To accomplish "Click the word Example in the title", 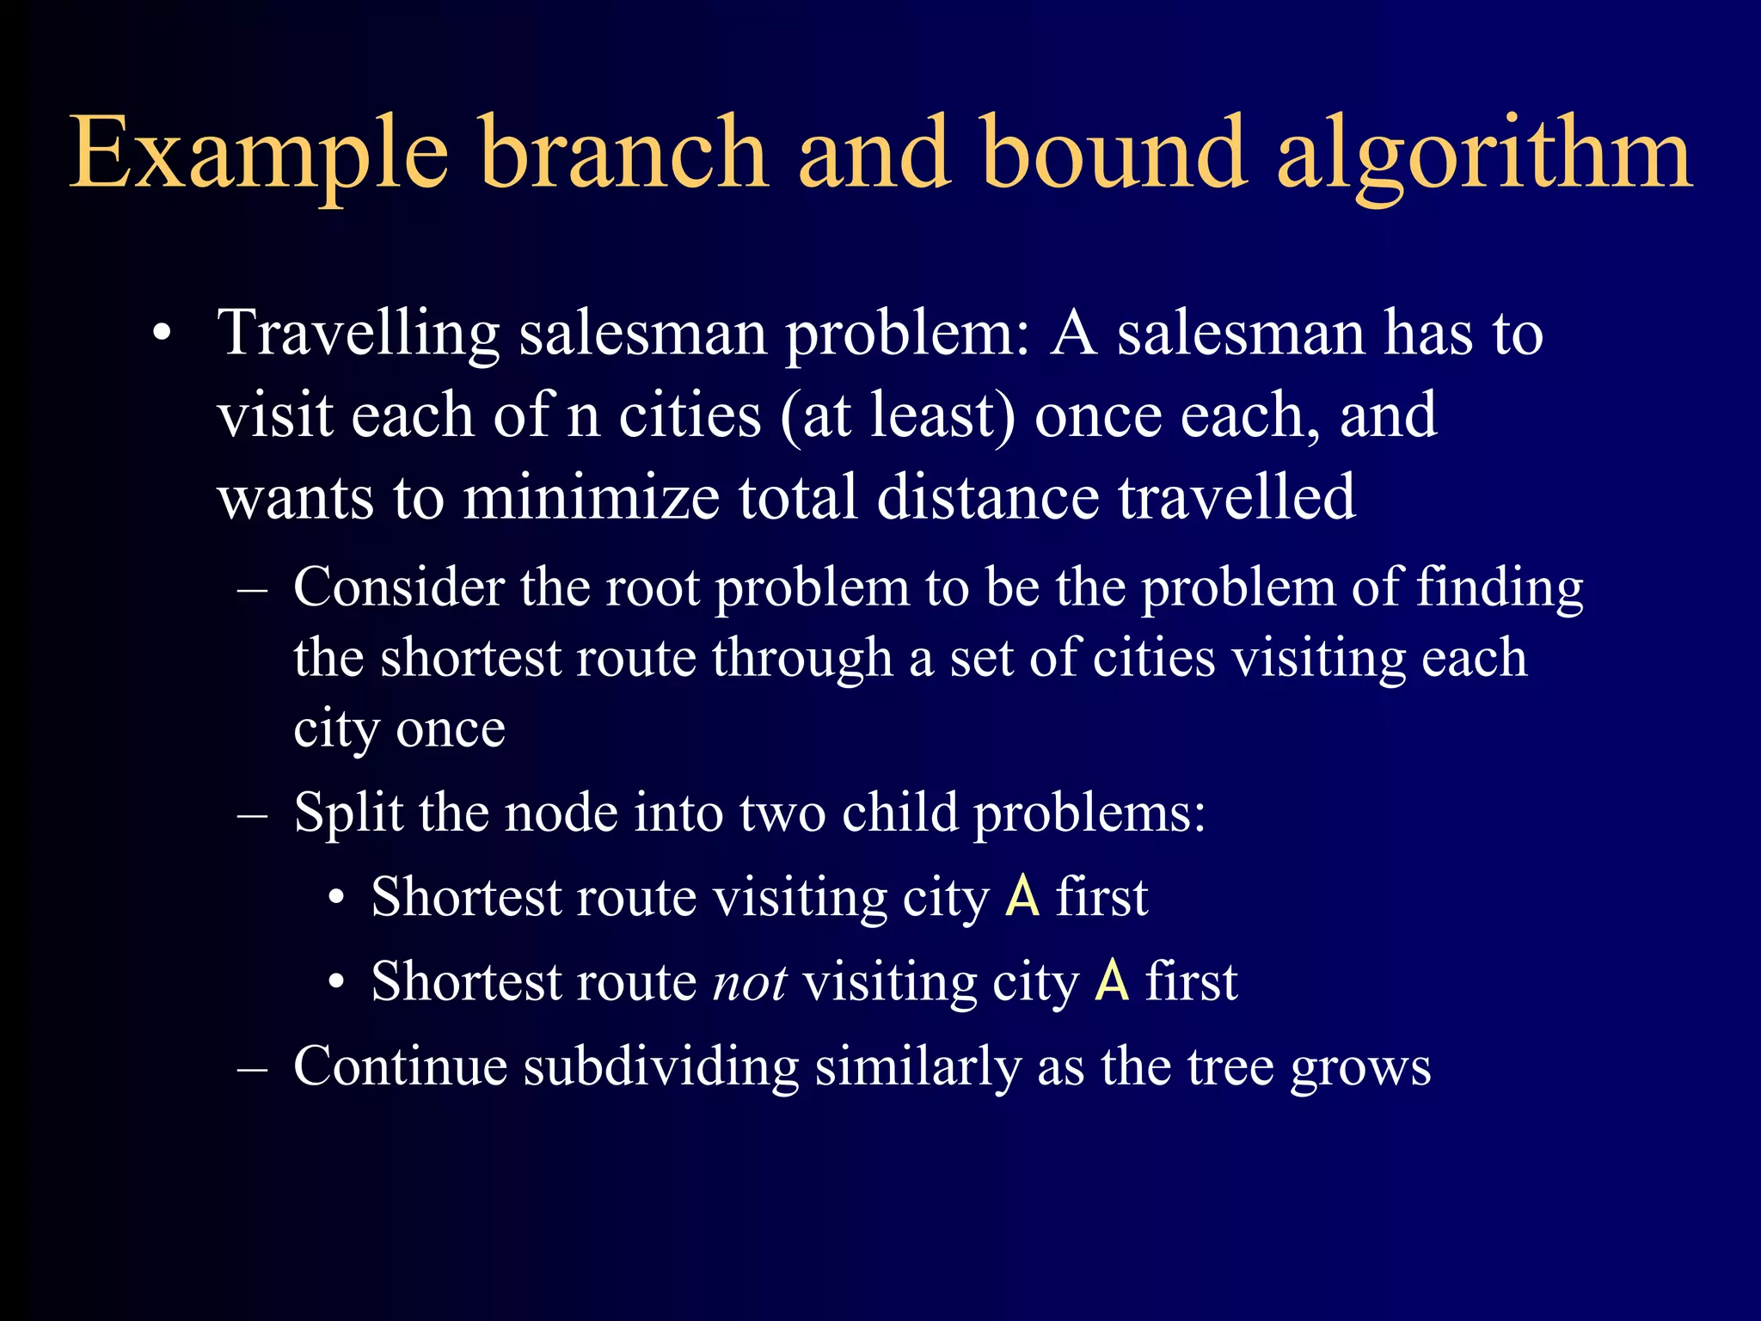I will click(x=258, y=155).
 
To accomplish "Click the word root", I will click(x=653, y=589).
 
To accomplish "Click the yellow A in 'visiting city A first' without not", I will click(x=1022, y=898).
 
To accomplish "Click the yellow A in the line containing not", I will click(x=1111, y=982).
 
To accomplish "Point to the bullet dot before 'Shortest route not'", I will click(x=336, y=981).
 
